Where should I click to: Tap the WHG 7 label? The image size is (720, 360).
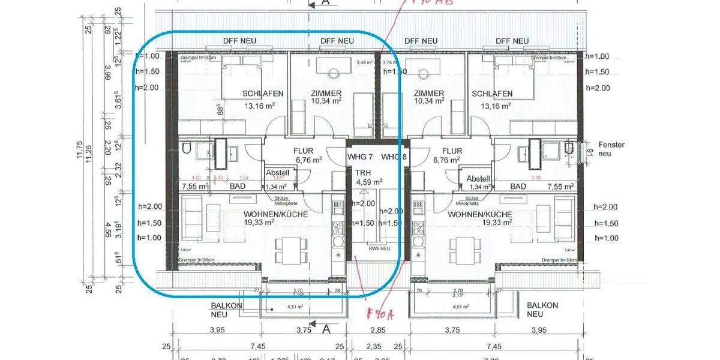(361, 157)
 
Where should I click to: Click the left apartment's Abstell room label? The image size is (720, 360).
(278, 173)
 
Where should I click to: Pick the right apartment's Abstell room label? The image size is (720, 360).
(478, 179)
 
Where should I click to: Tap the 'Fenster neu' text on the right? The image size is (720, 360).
(611, 149)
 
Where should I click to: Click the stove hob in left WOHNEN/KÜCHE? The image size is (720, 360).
(338, 227)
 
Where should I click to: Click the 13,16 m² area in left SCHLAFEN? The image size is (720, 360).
(259, 106)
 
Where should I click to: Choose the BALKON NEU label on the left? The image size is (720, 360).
(226, 310)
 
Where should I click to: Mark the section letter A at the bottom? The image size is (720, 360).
(326, 329)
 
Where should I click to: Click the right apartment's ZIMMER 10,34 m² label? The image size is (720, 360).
(429, 97)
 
